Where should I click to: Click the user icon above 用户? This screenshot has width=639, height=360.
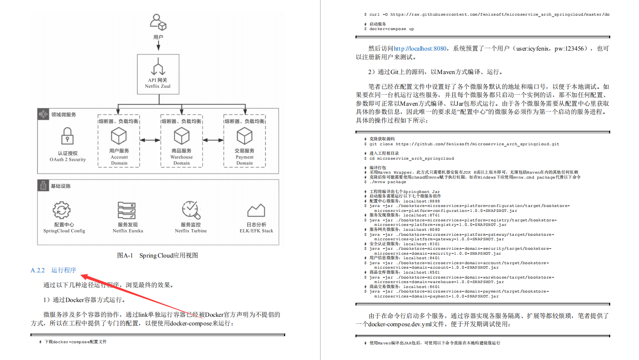tap(158, 22)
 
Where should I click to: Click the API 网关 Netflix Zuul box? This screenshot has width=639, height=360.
tap(158, 74)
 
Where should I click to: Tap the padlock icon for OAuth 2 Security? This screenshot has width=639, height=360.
tap(67, 136)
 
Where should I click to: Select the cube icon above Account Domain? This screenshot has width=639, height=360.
tap(119, 136)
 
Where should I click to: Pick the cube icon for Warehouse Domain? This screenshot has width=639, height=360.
tap(181, 136)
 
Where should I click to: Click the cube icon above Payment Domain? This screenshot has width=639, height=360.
tap(244, 136)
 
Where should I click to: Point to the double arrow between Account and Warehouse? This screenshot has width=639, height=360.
tap(150, 140)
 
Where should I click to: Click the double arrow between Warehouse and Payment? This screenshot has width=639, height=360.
tap(213, 140)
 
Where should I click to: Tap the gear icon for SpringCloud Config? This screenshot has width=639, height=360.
tap(62, 210)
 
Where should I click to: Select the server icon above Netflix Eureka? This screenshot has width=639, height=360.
tap(127, 210)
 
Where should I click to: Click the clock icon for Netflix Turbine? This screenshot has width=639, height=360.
tap(191, 210)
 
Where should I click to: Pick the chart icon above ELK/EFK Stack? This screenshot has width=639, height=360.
tap(256, 210)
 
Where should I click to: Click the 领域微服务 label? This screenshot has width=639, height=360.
tap(63, 115)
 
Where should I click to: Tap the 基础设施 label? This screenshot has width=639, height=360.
tap(60, 186)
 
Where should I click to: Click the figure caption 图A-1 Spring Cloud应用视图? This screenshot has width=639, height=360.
tap(158, 255)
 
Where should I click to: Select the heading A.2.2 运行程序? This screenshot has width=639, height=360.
tap(53, 270)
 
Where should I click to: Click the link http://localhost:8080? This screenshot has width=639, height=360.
tap(420, 49)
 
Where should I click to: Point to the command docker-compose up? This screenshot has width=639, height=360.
tap(391, 29)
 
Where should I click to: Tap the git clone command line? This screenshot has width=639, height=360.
tap(464, 144)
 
